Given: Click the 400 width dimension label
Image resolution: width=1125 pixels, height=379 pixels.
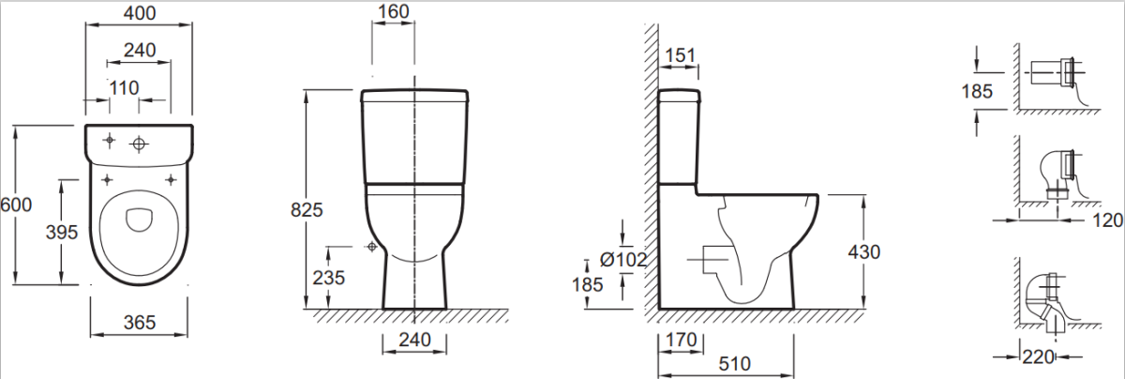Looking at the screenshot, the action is pyautogui.click(x=139, y=12).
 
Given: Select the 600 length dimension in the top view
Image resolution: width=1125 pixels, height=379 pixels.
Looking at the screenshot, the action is pyautogui.click(x=16, y=205).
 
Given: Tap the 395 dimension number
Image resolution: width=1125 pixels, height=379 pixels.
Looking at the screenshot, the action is pyautogui.click(x=62, y=233).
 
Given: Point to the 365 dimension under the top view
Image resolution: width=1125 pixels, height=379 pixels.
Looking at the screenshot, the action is pyautogui.click(x=139, y=322).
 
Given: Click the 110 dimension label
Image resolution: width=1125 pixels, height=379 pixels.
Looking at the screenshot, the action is pyautogui.click(x=124, y=88).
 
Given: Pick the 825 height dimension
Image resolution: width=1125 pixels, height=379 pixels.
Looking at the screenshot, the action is pyautogui.click(x=307, y=209).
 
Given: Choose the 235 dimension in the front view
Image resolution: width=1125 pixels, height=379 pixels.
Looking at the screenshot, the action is pyautogui.click(x=328, y=278).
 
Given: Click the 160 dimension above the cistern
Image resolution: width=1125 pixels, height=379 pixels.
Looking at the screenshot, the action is pyautogui.click(x=393, y=11).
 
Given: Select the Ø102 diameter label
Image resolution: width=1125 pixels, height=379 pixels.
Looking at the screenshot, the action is pyautogui.click(x=623, y=259).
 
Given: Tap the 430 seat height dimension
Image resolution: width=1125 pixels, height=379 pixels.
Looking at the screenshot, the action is pyautogui.click(x=863, y=251).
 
